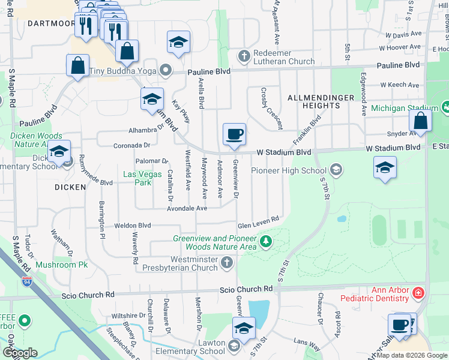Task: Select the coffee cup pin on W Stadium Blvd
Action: click(234, 134)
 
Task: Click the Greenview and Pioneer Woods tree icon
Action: click(265, 242)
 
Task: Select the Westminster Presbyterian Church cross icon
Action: click(227, 262)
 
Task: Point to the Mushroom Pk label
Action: click(61, 265)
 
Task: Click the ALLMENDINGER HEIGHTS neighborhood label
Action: click(315, 101)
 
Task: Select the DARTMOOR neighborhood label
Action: click(50, 24)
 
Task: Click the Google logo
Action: click(19, 353)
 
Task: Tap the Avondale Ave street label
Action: click(187, 208)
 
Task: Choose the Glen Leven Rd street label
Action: click(259, 223)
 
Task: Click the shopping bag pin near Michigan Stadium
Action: click(421, 121)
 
